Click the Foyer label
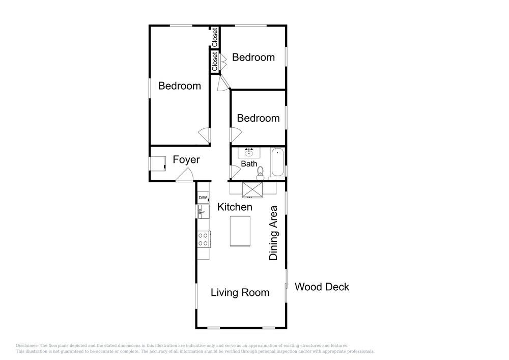coord(186,160)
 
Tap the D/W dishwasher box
coord(203,198)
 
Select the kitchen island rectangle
coord(240,231)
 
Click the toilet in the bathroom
coord(260,173)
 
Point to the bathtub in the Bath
coord(277,162)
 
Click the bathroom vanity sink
coord(249,153)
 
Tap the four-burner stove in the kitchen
coord(204,239)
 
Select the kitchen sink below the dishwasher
coord(203,212)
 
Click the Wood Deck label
coord(322,287)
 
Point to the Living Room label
coord(240,292)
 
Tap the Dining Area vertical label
coord(273,233)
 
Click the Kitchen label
coord(235,207)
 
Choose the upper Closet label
coord(215,37)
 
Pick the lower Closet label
coord(215,62)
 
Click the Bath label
coord(249,164)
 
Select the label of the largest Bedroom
coord(180,86)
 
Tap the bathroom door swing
coord(235,172)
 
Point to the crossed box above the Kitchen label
coord(252,190)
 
